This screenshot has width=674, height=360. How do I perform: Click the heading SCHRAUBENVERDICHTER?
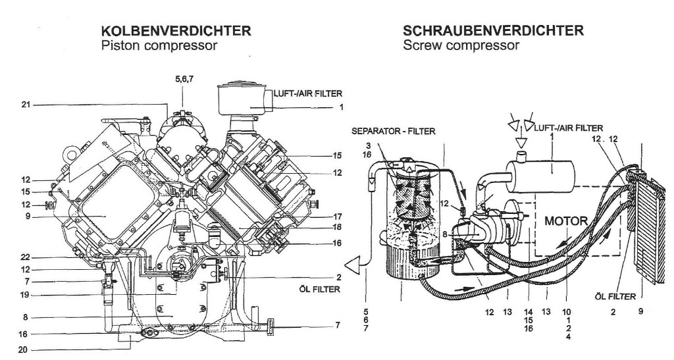click(x=493, y=31)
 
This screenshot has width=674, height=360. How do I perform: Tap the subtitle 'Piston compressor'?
click(x=157, y=45)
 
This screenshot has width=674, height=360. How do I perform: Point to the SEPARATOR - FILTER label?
click(x=394, y=132)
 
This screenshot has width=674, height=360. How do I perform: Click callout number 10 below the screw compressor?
click(x=567, y=311)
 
